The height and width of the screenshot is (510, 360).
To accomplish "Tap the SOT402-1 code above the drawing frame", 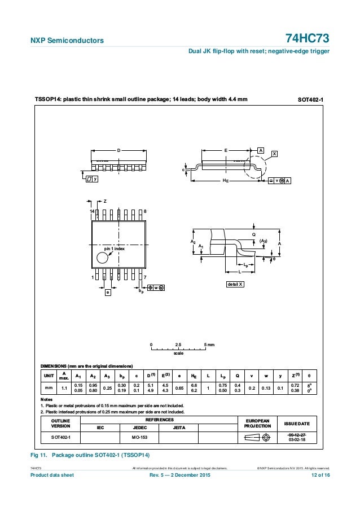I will click(310, 100).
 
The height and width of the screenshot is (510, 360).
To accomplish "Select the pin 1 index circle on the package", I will click(102, 258).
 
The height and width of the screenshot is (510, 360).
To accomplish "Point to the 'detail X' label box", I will click(235, 283).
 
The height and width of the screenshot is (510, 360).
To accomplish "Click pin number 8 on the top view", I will click(145, 211).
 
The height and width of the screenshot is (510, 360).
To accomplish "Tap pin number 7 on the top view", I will click(145, 277).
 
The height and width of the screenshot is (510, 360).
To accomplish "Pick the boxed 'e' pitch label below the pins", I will click(108, 292).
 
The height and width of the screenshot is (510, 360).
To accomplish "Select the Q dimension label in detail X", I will click(254, 234).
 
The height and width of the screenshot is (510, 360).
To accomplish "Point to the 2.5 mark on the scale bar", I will click(178, 344).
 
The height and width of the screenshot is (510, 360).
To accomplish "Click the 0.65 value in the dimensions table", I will click(179, 388).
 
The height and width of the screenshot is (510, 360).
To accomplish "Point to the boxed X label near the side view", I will click(274, 153).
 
